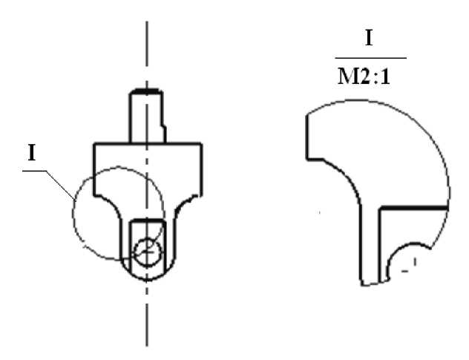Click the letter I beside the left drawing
click(x=32, y=153)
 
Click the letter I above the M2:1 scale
click(x=369, y=39)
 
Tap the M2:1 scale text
click(x=364, y=76)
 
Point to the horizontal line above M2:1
click(x=370, y=58)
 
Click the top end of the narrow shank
click(x=146, y=91)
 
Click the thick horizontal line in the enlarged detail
click(x=413, y=207)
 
